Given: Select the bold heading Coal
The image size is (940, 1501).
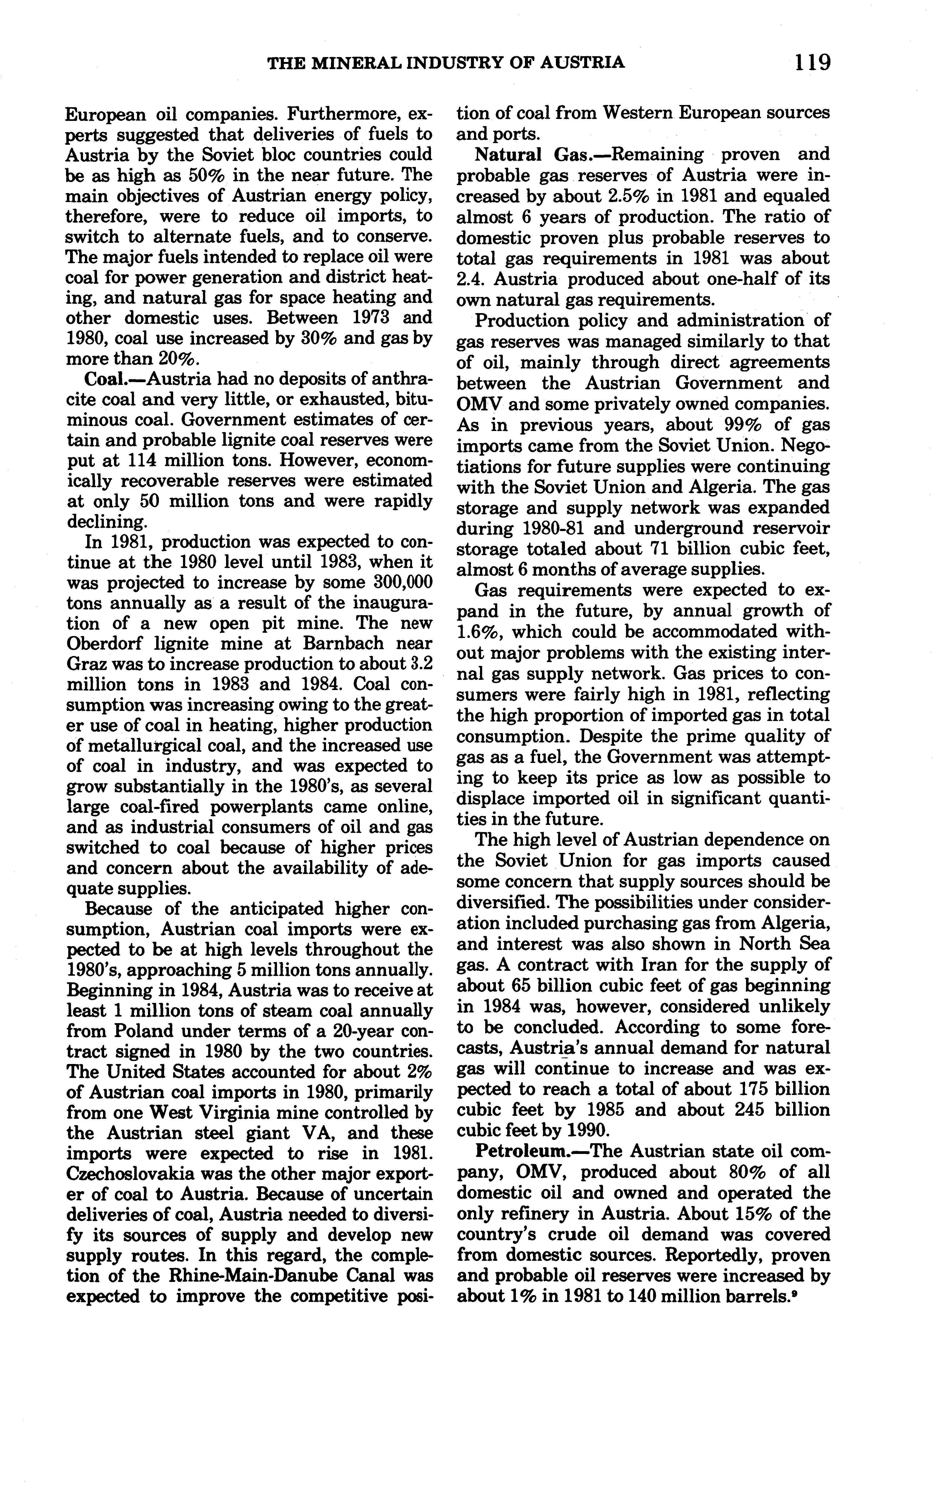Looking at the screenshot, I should [x=103, y=379].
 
